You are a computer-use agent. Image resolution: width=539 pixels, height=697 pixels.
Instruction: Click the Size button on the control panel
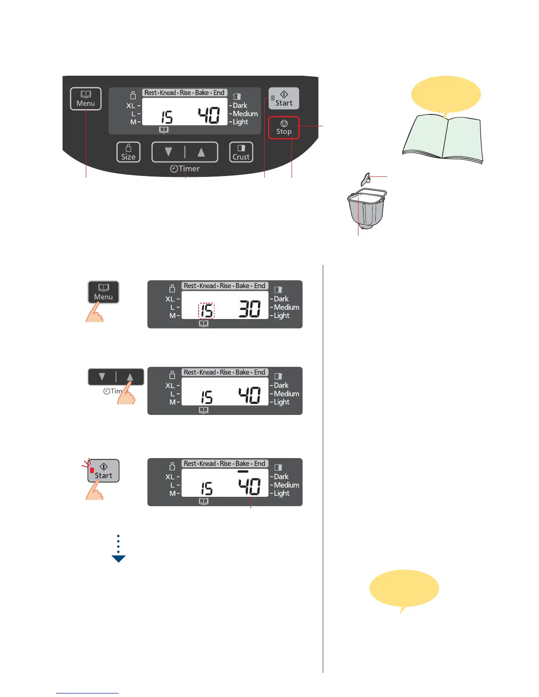[128, 152]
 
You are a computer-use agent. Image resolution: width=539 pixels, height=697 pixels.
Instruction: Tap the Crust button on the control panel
[241, 152]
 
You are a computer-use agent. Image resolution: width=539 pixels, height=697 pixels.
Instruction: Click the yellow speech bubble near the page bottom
[404, 589]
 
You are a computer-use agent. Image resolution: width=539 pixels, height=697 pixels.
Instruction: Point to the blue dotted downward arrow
[118, 549]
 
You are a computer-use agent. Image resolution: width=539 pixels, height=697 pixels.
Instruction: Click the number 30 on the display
[250, 309]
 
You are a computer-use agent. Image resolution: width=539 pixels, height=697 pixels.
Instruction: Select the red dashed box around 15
[207, 311]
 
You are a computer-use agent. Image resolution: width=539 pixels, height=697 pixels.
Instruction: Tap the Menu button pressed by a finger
[103, 292]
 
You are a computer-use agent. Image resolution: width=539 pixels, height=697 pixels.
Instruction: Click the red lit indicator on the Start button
[92, 470]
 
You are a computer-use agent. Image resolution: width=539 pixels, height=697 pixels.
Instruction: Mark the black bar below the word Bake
[243, 471]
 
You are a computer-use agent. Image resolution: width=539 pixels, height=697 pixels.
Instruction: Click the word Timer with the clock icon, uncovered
[185, 169]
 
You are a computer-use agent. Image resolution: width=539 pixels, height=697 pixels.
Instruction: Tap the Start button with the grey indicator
[284, 98]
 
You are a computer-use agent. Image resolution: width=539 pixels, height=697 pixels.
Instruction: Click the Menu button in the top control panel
[85, 99]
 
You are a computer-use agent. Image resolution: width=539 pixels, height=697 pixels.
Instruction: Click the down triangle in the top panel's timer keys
[168, 152]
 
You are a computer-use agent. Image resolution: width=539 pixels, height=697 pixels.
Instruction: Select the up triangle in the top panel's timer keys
[201, 152]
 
